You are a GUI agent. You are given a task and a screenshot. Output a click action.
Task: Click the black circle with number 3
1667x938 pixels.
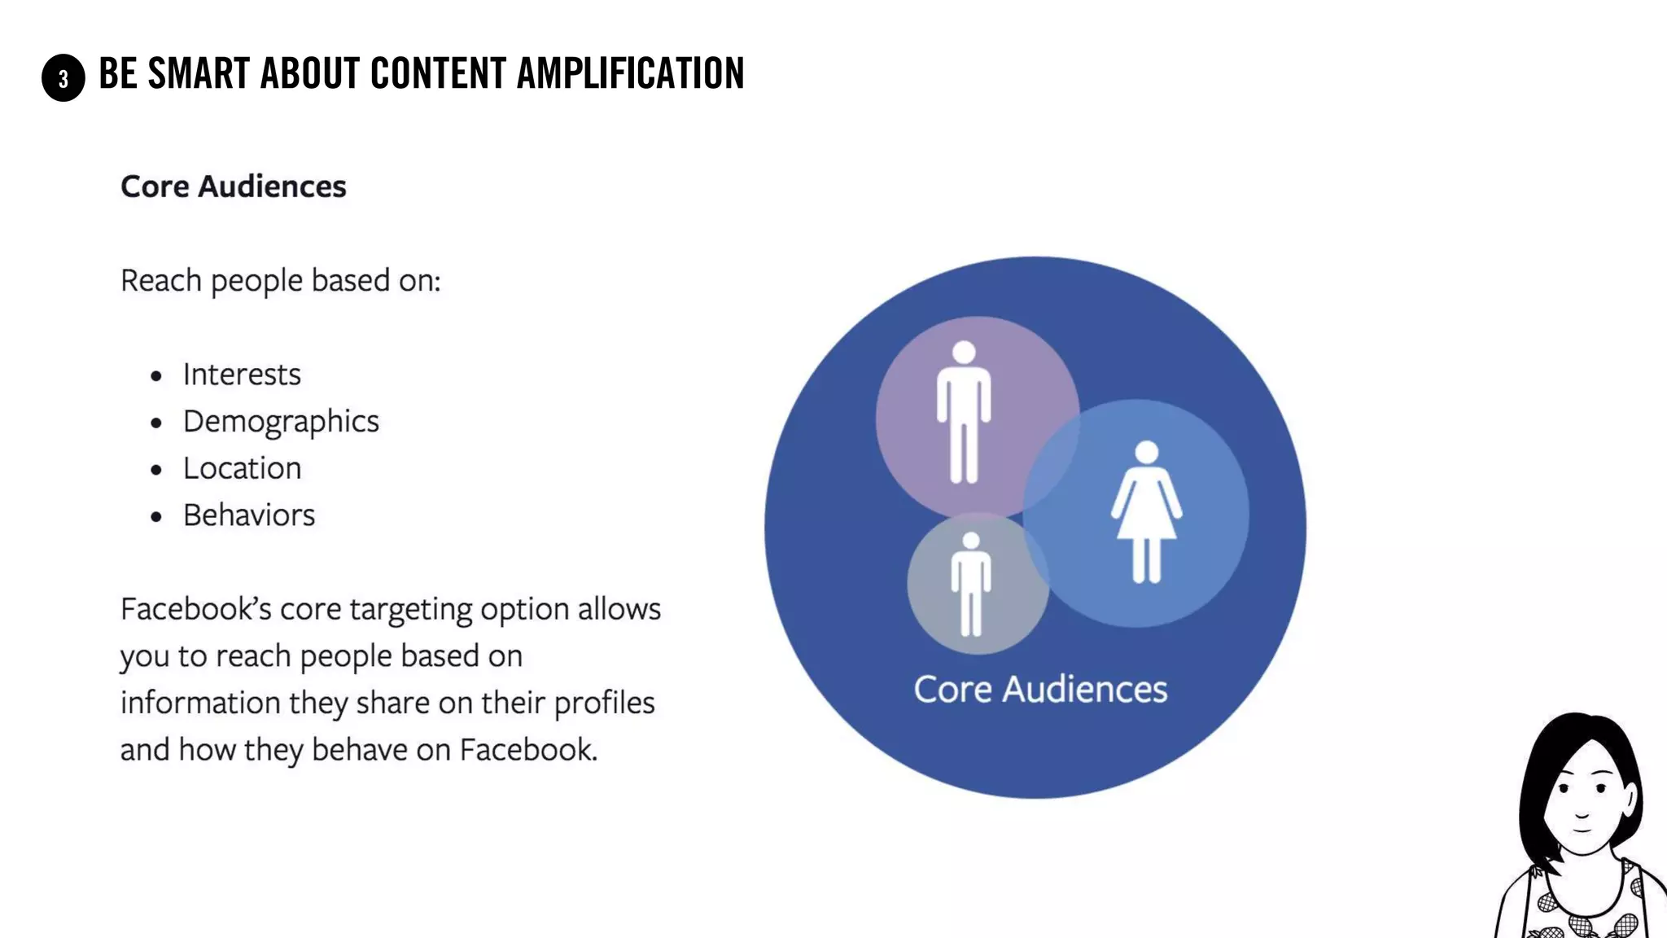pyautogui.click(x=63, y=78)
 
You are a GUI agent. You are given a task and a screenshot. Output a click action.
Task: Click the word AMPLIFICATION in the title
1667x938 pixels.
pyautogui.click(x=630, y=73)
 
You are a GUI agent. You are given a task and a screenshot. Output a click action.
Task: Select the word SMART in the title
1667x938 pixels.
pyautogui.click(x=199, y=73)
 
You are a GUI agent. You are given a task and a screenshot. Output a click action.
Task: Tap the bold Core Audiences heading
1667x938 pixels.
pyautogui.click(x=234, y=186)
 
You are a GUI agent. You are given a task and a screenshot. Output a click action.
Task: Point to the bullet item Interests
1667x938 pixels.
pyautogui.click(x=242, y=375)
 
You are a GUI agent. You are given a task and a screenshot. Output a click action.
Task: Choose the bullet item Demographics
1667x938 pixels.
pyautogui.click(x=281, y=422)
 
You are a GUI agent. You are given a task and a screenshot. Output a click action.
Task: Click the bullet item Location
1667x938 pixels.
pyautogui.click(x=242, y=469)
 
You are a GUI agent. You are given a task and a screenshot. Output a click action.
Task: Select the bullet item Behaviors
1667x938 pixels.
pyautogui.click(x=249, y=515)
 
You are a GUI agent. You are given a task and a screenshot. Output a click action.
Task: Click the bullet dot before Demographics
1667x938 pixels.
pyautogui.click(x=156, y=423)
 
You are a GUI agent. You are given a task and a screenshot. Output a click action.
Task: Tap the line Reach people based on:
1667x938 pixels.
pyautogui.click(x=280, y=281)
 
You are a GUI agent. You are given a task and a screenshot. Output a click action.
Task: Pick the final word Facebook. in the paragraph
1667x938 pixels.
pyautogui.click(x=528, y=750)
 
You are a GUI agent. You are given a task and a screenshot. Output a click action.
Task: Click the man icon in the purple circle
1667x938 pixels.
pyautogui.click(x=964, y=412)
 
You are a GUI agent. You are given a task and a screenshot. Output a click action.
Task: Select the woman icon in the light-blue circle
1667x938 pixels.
pyautogui.click(x=1146, y=513)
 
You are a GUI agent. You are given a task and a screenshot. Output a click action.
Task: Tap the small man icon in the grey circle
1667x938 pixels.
pyautogui.click(x=970, y=585)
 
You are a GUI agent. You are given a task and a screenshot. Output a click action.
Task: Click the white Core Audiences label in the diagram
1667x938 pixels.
pyautogui.click(x=1040, y=690)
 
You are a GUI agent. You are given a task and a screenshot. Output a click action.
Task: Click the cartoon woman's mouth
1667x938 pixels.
pyautogui.click(x=1582, y=831)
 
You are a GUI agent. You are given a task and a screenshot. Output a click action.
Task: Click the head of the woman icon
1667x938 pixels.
pyautogui.click(x=1147, y=452)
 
